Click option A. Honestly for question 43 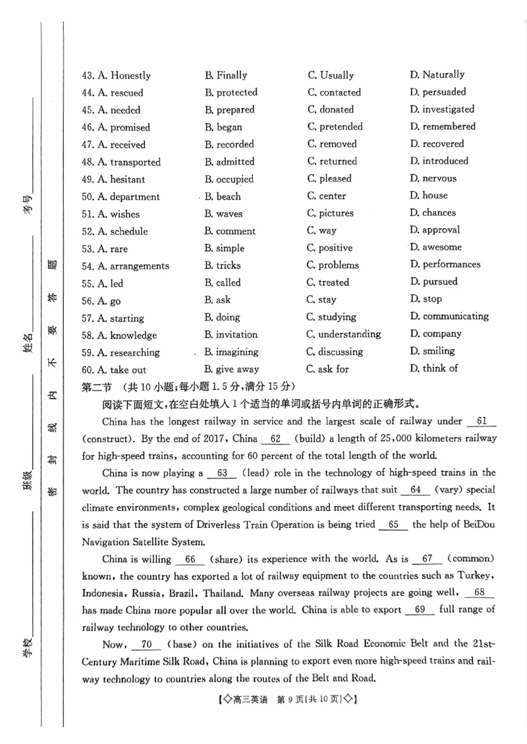tap(123, 76)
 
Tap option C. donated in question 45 tap(336, 110)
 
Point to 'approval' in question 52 tap(441, 230)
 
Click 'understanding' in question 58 tap(349, 334)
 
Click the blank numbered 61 tap(481, 421)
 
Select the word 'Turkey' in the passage tap(476, 576)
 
